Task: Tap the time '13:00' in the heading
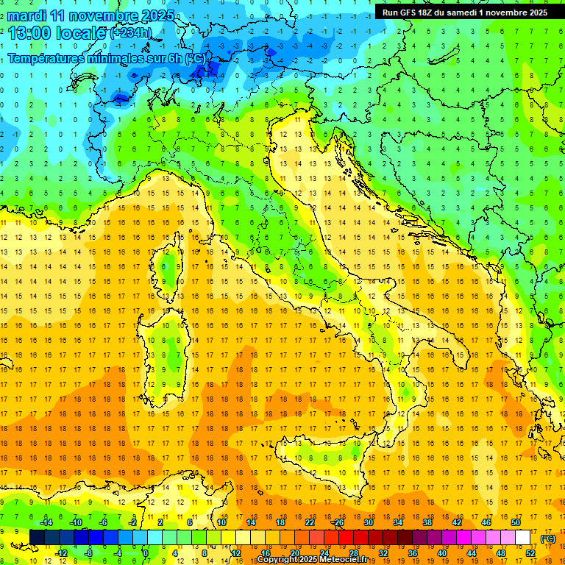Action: coord(31,32)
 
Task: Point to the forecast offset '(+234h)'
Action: coord(130,33)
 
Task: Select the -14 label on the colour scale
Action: coord(46,522)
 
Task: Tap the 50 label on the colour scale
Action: coord(516,522)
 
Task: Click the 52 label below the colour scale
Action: coord(530,552)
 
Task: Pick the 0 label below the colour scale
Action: coord(145,552)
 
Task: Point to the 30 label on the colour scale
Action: coord(369,522)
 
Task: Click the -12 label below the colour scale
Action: coord(60,552)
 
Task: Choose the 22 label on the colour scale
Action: coord(310,522)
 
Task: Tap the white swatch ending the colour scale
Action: coord(523,537)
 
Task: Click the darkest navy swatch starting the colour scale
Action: coord(37,537)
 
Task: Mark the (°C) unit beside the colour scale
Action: coord(548,538)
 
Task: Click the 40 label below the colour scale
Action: coord(442,552)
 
